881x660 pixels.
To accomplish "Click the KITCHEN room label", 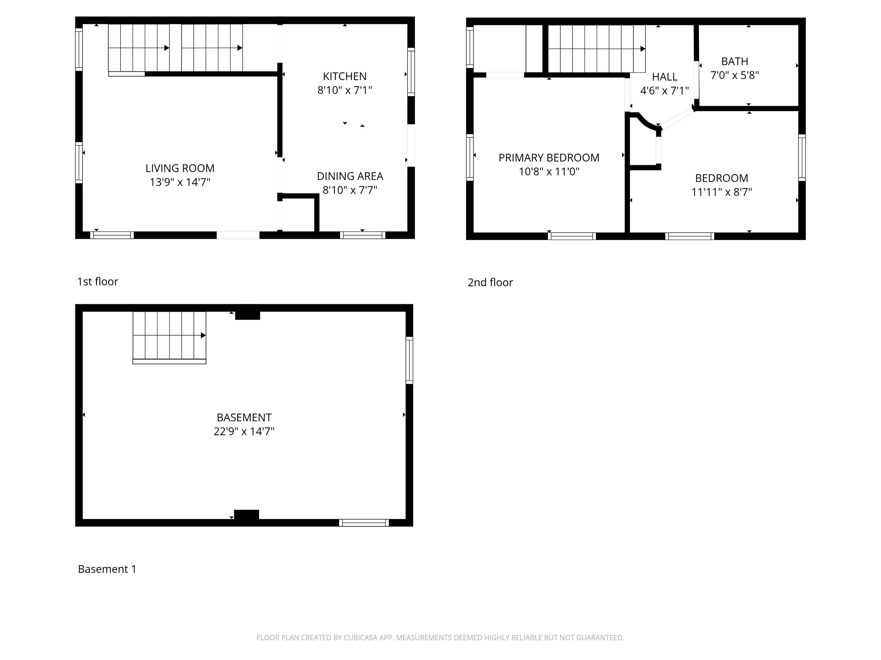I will pos(344,76).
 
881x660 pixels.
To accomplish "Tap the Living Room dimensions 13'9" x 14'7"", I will pos(180,182).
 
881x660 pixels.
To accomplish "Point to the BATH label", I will pos(734,61).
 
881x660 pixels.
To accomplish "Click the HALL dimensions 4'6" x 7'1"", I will pos(664,91).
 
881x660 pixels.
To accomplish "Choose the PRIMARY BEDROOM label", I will pos(549,158).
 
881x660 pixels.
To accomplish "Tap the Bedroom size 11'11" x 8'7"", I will pos(721,192).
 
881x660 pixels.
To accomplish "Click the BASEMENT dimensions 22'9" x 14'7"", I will pos(244,431).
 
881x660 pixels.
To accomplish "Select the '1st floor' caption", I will pos(97,282).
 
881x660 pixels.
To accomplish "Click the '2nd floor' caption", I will pos(490,282).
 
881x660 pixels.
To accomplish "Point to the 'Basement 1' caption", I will pos(107,569).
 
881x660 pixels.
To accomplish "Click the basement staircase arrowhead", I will pos(203,335).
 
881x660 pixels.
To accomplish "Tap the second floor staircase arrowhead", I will pos(643,49).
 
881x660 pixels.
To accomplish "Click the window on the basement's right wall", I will pos(409,360).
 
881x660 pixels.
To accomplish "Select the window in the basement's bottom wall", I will pos(364,523).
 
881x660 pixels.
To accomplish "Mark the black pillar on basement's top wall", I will pos(247,315).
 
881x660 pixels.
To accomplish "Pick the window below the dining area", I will pos(362,235).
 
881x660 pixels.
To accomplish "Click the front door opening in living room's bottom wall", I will pos(238,235).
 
